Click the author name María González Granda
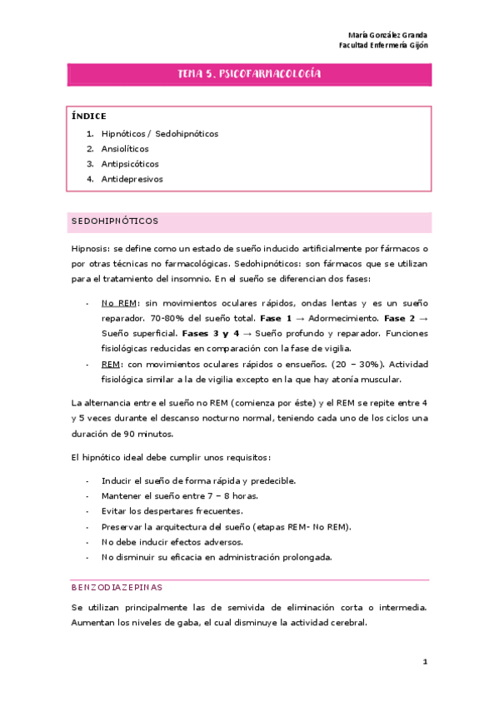click(387, 35)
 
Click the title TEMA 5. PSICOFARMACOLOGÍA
click(249, 75)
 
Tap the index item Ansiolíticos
click(125, 148)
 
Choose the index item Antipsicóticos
click(129, 163)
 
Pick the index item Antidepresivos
click(132, 178)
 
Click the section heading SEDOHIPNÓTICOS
click(113, 221)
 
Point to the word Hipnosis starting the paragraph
click(89, 250)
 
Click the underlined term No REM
click(117, 303)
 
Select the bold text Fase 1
click(277, 318)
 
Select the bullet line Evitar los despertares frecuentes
click(172, 510)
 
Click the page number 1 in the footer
click(424, 663)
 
